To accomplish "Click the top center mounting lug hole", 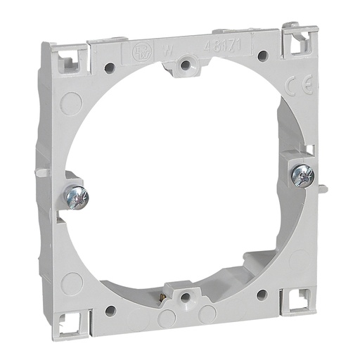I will (x=185, y=65).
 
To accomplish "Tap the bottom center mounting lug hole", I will (x=184, y=297).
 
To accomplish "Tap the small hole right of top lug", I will (x=262, y=56).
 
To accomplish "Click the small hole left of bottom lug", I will (x=110, y=309).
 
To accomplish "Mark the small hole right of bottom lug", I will (x=262, y=295).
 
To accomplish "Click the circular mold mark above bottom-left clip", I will (x=72, y=283).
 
